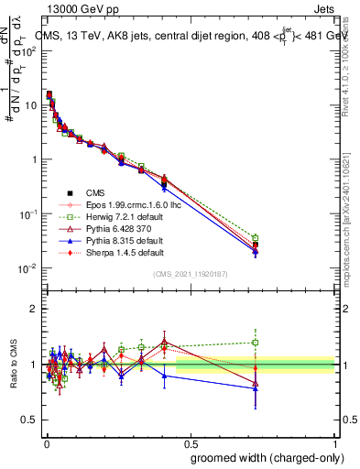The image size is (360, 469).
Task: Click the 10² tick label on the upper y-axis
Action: click(x=29, y=51)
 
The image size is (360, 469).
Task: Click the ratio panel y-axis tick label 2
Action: click(x=34, y=309)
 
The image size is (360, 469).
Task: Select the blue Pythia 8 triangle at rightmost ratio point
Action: click(x=256, y=387)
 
